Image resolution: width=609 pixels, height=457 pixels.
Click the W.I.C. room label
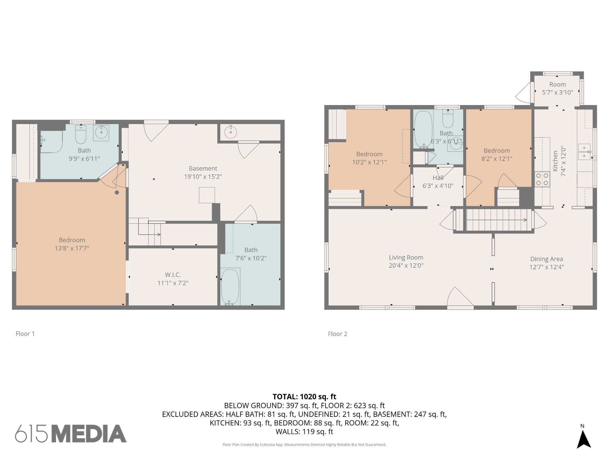(173, 275)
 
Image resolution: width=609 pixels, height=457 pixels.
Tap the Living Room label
(406, 258)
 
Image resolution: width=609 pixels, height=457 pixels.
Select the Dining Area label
(547, 259)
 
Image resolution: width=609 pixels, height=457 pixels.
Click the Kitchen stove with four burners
(542, 179)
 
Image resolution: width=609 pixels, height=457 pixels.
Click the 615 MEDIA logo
(71, 433)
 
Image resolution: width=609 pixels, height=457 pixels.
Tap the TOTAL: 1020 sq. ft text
(304, 397)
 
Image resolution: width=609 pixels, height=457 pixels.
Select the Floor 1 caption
(25, 334)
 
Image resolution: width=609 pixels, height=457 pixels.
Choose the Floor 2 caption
(338, 334)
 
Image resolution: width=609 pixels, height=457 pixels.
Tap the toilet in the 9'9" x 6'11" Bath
(81, 134)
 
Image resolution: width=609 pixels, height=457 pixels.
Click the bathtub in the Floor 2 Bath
(423, 129)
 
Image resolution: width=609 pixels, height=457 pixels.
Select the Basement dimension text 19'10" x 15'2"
(203, 177)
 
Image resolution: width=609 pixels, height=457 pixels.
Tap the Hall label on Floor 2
(438, 178)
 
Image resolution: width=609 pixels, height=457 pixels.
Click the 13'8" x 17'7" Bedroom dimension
(72, 248)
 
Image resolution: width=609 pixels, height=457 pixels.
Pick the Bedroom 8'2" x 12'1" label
(497, 155)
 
